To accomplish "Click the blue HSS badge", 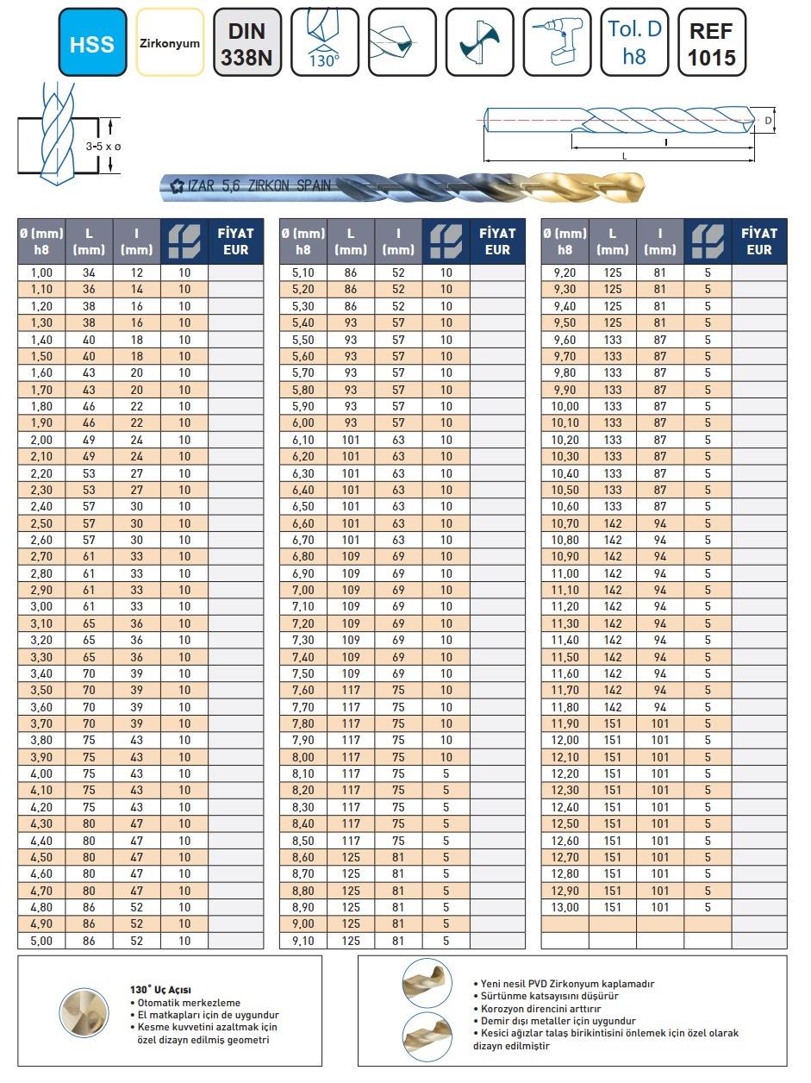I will (93, 42).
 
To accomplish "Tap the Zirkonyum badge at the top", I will (170, 42).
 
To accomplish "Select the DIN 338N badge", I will (248, 42).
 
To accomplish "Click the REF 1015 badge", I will (712, 42).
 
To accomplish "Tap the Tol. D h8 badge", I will (634, 42).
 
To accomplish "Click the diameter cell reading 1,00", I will (41, 272).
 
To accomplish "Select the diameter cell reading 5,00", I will (41, 941).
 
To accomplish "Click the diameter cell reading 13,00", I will (565, 907).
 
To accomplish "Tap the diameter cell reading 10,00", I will (565, 406).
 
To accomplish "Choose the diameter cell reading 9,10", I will (303, 941).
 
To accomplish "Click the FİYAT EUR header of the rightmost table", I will (759, 241).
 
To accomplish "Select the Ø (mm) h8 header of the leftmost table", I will (41, 241).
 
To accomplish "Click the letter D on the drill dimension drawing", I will (768, 122).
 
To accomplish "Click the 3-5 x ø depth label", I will (103, 147).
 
